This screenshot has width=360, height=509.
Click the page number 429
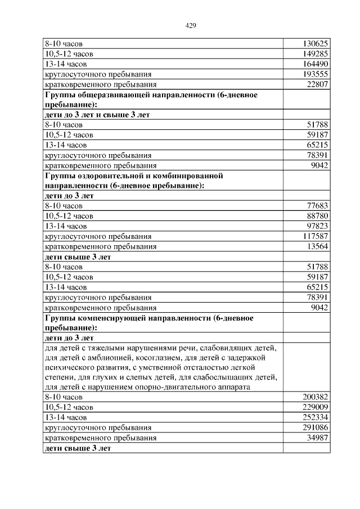(x=190, y=25)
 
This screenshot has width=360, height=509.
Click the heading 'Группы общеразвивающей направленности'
(x=135, y=94)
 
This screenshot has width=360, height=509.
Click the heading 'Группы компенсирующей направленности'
(x=129, y=318)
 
